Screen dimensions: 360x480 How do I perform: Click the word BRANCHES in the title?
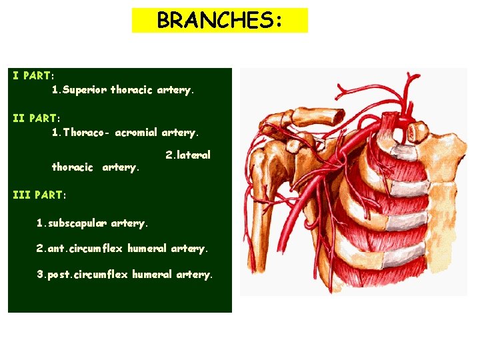tap(213, 21)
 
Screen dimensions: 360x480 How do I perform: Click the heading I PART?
tap(33, 75)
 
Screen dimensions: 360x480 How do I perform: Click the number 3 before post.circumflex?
tap(39, 274)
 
